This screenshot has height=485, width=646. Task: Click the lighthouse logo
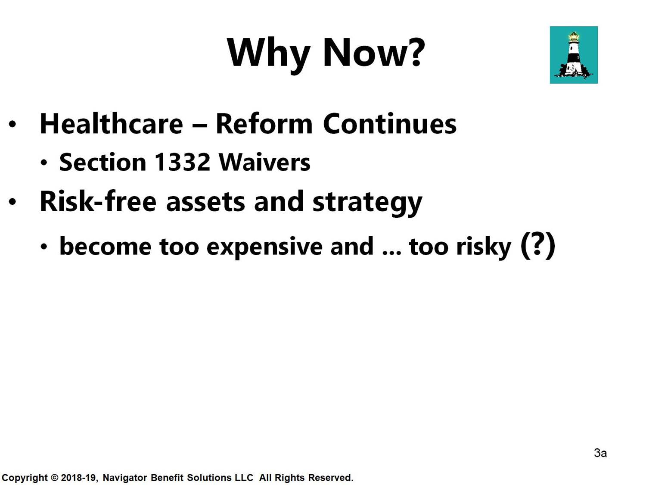click(x=574, y=55)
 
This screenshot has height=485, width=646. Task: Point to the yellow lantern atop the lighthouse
click(x=573, y=37)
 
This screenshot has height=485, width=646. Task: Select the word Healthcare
click(x=111, y=124)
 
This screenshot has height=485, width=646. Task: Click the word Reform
click(x=264, y=124)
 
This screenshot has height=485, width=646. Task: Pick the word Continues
click(x=390, y=124)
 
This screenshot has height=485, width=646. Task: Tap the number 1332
click(x=182, y=162)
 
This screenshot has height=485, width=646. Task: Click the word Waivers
click(x=264, y=162)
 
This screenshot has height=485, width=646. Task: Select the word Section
click(x=102, y=162)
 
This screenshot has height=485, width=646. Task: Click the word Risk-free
click(x=98, y=201)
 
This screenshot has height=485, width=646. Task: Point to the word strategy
click(x=367, y=203)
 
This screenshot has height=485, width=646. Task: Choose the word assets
click(x=205, y=203)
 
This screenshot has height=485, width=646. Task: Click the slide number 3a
click(x=600, y=453)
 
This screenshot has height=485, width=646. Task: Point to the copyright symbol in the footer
click(x=54, y=477)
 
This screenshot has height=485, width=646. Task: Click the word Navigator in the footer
click(x=125, y=478)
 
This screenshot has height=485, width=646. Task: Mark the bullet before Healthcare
click(x=12, y=124)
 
